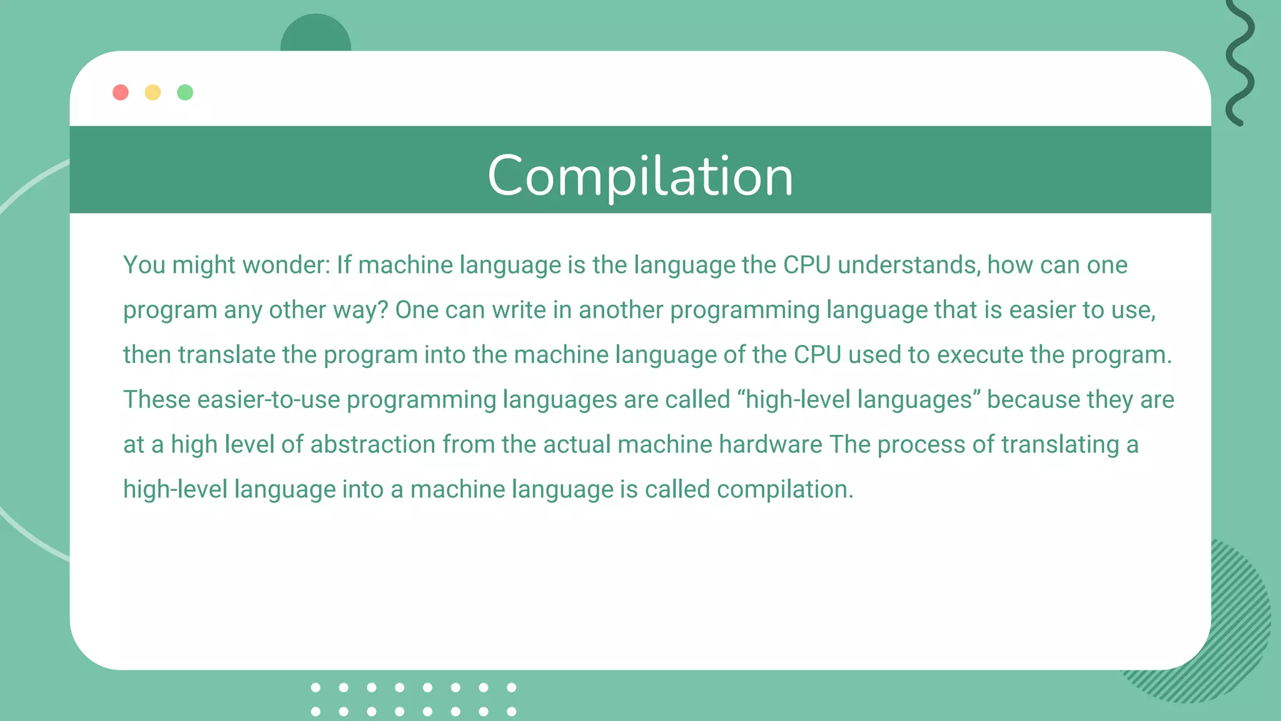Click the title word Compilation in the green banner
[x=640, y=176]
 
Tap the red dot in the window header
[x=121, y=93]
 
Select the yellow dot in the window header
[x=153, y=93]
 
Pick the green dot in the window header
[x=185, y=93]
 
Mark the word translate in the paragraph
[x=226, y=355]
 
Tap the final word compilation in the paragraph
[x=784, y=490]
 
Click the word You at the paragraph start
[x=144, y=265]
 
